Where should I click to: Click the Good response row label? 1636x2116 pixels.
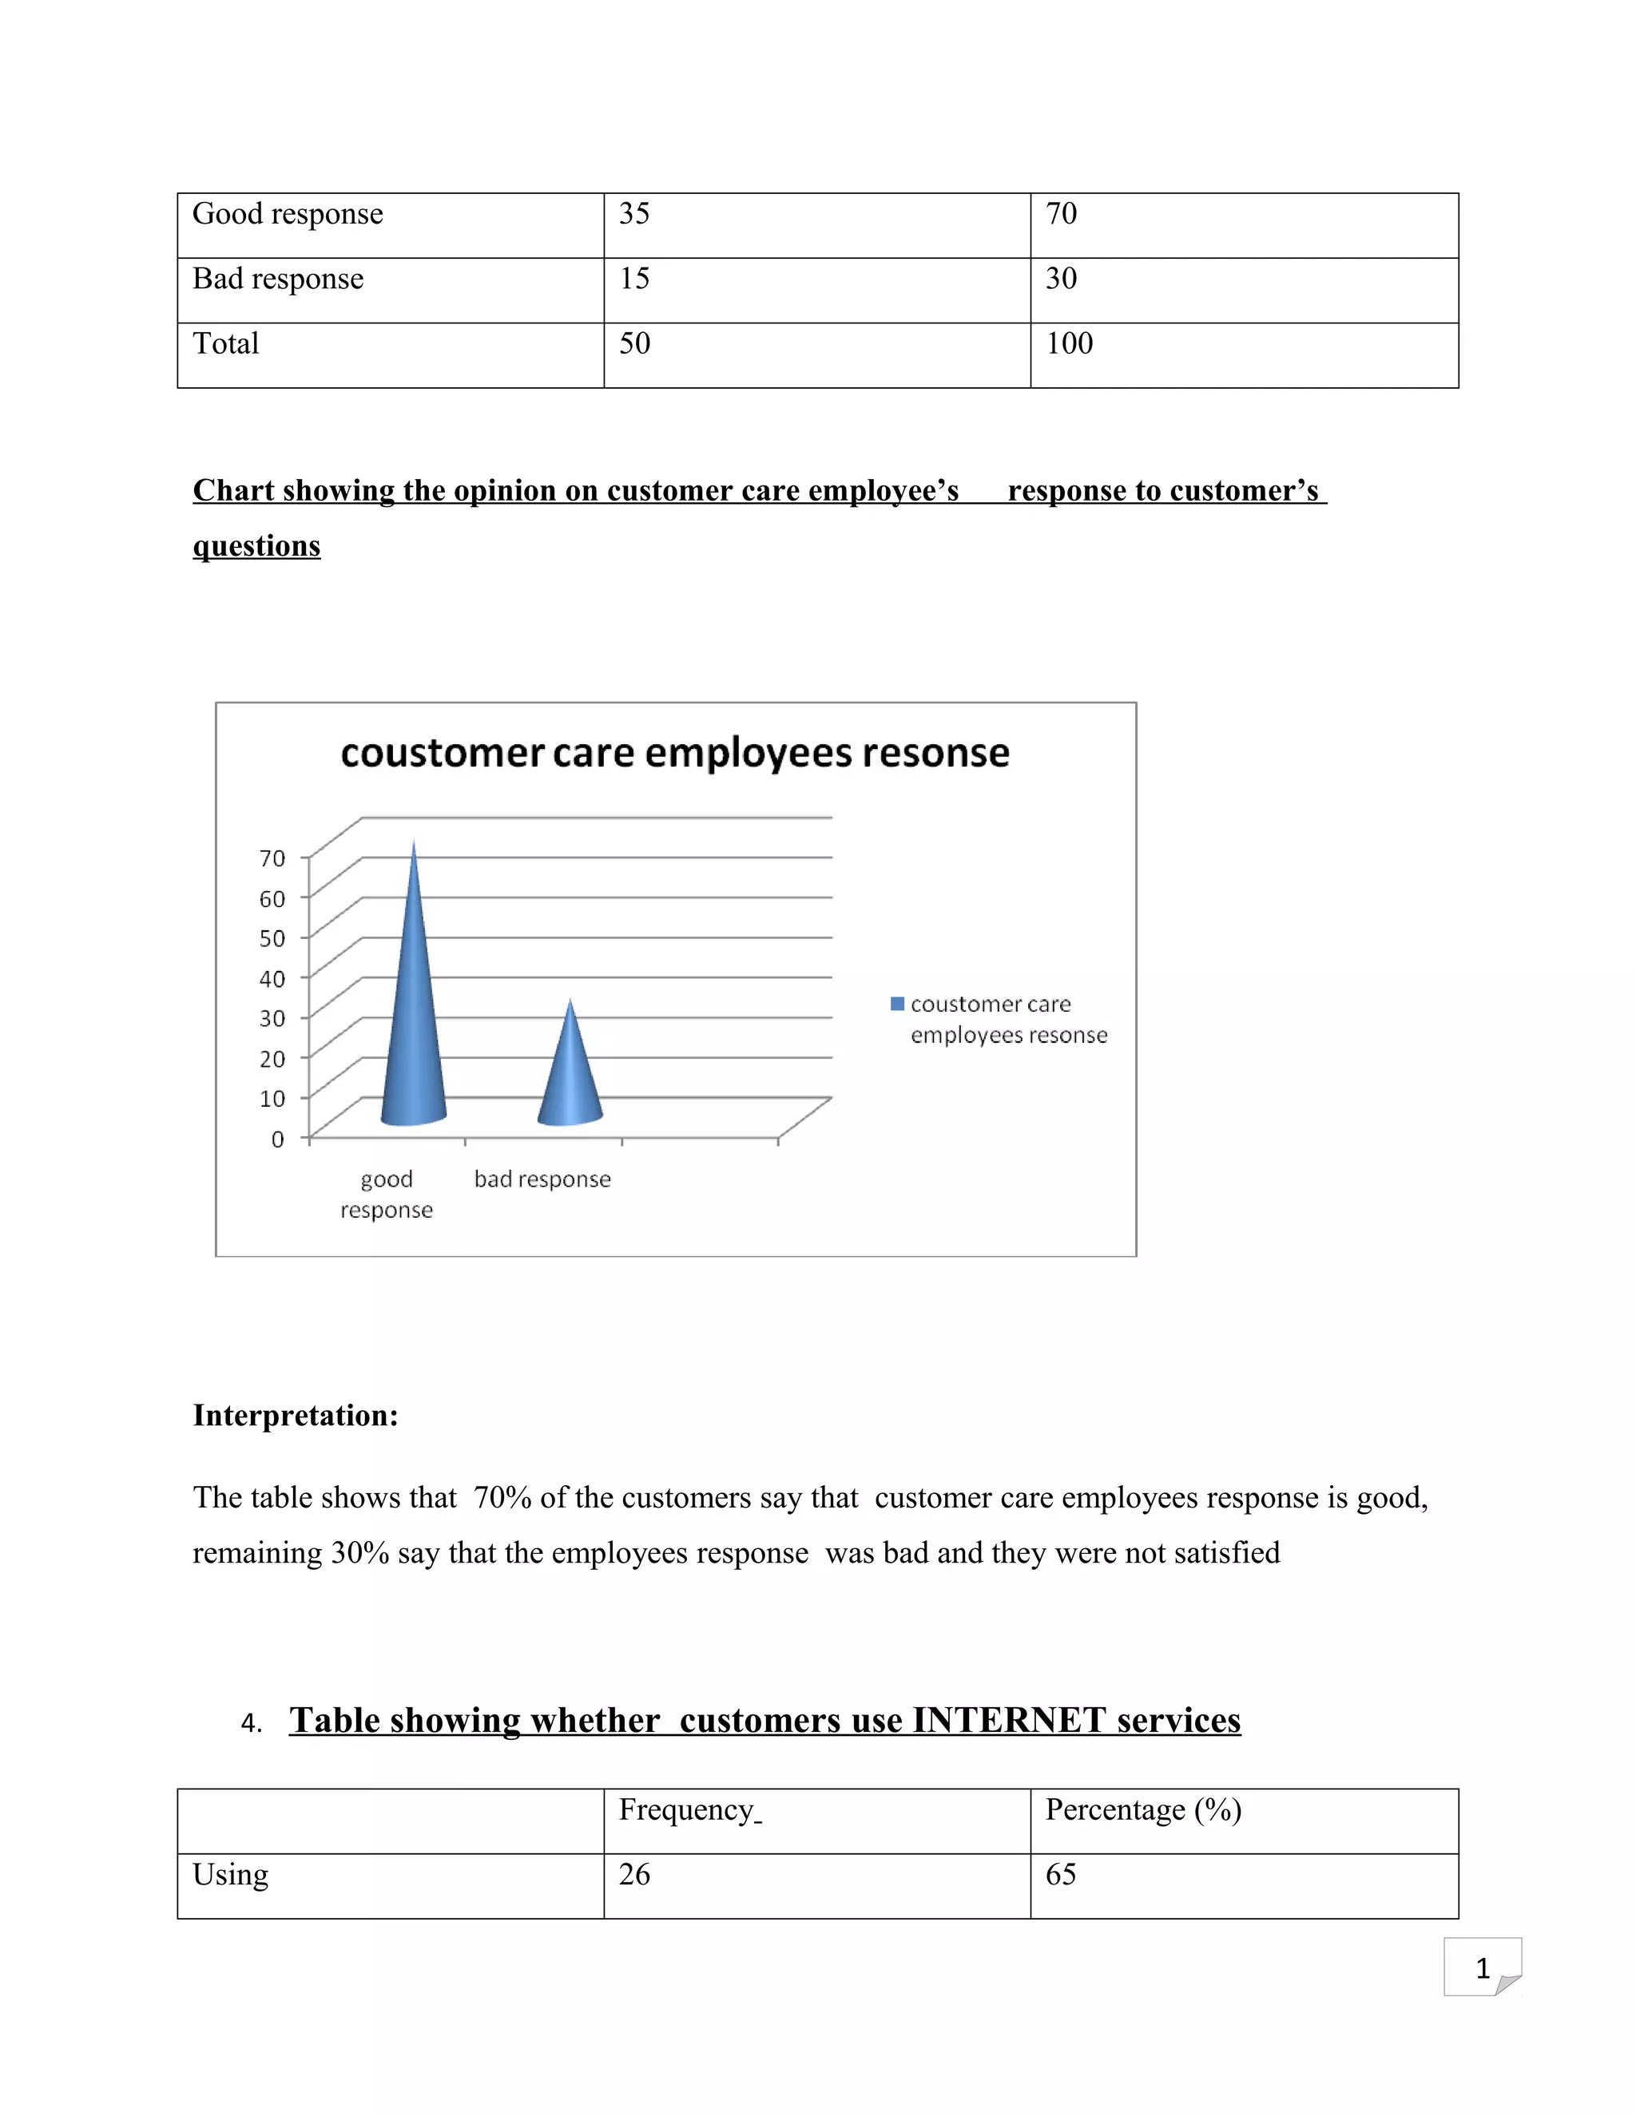pos(288,214)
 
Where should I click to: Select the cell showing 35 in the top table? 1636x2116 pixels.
pos(635,214)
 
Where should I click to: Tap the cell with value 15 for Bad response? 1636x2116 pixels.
pos(635,279)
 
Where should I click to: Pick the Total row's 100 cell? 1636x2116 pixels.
pos(1069,344)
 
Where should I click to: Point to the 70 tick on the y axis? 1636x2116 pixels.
pos(272,858)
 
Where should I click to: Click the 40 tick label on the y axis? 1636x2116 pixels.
pos(272,979)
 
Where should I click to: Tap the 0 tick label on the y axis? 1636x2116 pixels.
pos(278,1139)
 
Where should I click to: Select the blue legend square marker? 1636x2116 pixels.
pos(897,1004)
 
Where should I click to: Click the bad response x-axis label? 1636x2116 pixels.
pos(542,1179)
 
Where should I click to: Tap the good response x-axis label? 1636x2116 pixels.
pos(387,1194)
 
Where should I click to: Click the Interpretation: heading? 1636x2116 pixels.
pos(296,1416)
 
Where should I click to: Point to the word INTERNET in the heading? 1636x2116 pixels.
pos(1009,1721)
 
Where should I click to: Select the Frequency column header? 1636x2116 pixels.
pos(688,1810)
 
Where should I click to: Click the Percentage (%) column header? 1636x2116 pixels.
pos(1142,1810)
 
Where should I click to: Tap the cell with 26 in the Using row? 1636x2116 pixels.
pos(635,1875)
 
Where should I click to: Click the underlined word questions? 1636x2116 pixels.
pos(257,546)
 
